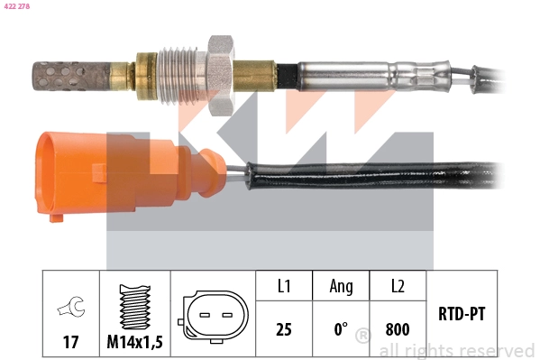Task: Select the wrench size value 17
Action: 70,343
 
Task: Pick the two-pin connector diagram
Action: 213,317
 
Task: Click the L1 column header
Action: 284,286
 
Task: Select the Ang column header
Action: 341,286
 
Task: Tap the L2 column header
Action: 398,286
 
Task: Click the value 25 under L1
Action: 284,329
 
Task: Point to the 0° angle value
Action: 341,329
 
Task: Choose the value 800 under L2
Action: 398,329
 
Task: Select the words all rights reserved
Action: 456,350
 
